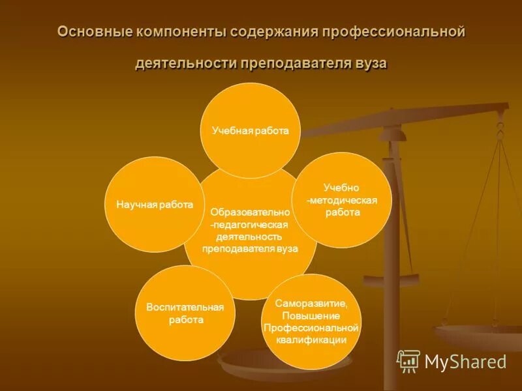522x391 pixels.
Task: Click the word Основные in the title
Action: coord(95,33)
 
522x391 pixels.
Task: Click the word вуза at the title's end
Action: coord(371,64)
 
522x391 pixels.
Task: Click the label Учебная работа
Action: coord(250,131)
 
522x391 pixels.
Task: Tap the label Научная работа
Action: coord(155,205)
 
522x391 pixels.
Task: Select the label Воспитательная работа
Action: coord(185,313)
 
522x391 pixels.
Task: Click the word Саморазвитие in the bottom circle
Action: coord(311,304)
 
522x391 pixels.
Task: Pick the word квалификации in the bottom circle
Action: coord(311,340)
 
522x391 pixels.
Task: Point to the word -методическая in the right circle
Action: coord(342,200)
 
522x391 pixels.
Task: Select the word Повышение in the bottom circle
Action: coord(311,315)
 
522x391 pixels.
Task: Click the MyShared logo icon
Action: coord(408,361)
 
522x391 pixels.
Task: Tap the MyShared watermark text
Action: coord(465,362)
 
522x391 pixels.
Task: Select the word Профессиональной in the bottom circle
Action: coord(311,327)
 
